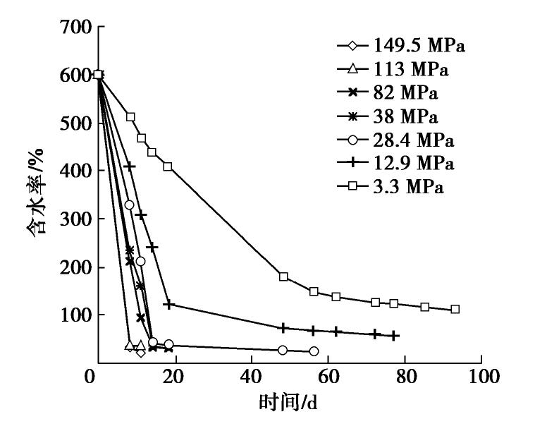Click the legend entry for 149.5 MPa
point(401,48)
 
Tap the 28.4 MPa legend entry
point(401,140)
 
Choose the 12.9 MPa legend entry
point(401,164)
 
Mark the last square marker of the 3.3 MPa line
point(455,309)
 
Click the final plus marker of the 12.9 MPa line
point(395,336)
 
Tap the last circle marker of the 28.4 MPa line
point(314,351)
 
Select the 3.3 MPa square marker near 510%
point(130,117)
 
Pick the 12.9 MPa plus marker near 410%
point(130,166)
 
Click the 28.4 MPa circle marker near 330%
point(129,205)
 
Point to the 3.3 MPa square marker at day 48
point(283,277)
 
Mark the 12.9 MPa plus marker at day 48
point(283,327)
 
